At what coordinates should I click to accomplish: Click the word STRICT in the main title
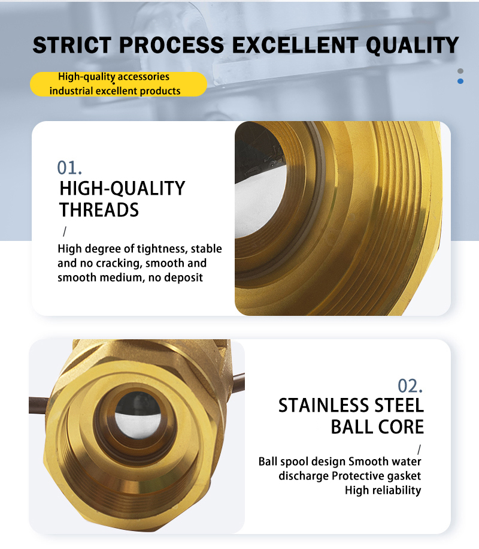click(72, 45)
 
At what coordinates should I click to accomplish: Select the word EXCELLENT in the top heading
click(295, 45)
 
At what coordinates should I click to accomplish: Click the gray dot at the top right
click(460, 71)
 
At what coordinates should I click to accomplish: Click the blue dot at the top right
click(460, 82)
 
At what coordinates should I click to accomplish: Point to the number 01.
click(69, 168)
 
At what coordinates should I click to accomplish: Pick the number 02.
click(410, 386)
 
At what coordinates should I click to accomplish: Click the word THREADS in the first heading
click(99, 210)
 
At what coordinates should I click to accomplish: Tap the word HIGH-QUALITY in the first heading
click(122, 188)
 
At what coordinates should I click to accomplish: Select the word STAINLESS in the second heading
click(324, 405)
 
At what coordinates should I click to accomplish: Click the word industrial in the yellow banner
click(71, 91)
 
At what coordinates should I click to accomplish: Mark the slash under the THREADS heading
click(65, 231)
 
